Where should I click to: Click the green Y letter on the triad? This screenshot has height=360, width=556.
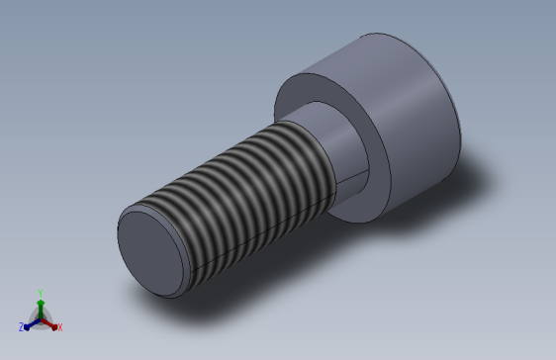click(x=40, y=292)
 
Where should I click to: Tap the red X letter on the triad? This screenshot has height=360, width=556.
click(x=59, y=326)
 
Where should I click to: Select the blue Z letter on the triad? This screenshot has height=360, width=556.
click(x=21, y=326)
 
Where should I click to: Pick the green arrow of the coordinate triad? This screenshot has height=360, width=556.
click(x=40, y=305)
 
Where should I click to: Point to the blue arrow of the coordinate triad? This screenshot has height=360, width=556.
click(x=31, y=321)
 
